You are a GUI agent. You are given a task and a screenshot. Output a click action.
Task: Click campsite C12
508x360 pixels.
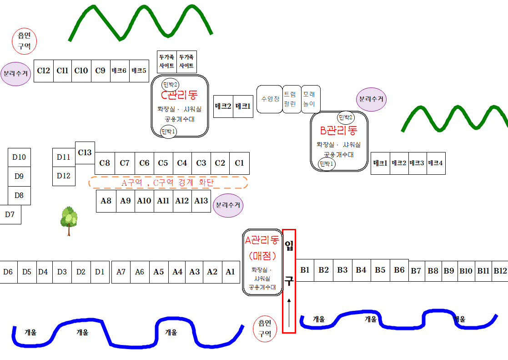click(44, 71)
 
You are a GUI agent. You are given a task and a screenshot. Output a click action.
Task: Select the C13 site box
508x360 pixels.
click(85, 152)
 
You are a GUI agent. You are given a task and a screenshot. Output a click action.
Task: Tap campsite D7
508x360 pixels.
click(10, 214)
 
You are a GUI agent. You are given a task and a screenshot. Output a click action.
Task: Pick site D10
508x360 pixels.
click(19, 157)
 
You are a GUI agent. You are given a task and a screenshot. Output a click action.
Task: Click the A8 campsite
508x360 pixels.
click(106, 201)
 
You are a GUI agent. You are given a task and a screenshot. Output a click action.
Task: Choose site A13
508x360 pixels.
click(201, 201)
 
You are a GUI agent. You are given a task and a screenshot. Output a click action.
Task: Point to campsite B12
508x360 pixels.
click(500, 271)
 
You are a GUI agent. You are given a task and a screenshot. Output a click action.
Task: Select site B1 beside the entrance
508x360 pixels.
click(305, 270)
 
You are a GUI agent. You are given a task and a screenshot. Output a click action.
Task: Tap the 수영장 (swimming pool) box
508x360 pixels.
click(270, 99)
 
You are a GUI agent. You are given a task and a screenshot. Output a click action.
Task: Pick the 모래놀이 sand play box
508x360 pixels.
click(312, 99)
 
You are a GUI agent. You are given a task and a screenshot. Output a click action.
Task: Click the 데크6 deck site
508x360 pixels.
click(120, 71)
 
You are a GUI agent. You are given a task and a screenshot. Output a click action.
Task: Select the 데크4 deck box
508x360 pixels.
click(436, 163)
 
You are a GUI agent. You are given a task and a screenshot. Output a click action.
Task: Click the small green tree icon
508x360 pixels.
click(69, 220)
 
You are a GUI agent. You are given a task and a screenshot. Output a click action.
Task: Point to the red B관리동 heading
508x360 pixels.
click(339, 132)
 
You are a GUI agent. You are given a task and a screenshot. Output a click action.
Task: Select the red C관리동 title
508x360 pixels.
click(180, 96)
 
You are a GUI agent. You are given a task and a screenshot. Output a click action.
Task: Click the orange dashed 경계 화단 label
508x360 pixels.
click(168, 183)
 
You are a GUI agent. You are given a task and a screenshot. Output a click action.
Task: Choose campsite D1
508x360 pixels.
click(100, 272)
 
